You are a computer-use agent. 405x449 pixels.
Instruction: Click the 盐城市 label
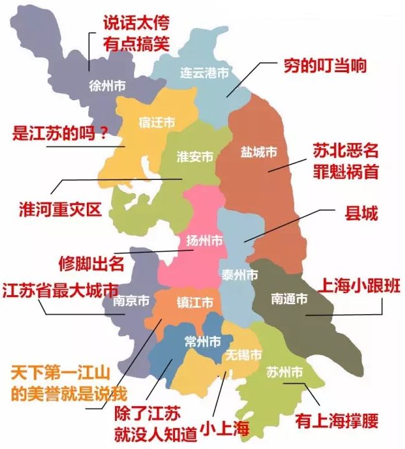259,153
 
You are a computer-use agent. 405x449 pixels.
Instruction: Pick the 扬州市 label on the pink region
204,241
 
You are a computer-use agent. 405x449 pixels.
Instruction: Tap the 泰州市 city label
240,275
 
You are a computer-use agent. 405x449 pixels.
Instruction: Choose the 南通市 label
289,298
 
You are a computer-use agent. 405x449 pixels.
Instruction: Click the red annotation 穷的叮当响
325,66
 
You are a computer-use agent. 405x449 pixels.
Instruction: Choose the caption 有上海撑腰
337,422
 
